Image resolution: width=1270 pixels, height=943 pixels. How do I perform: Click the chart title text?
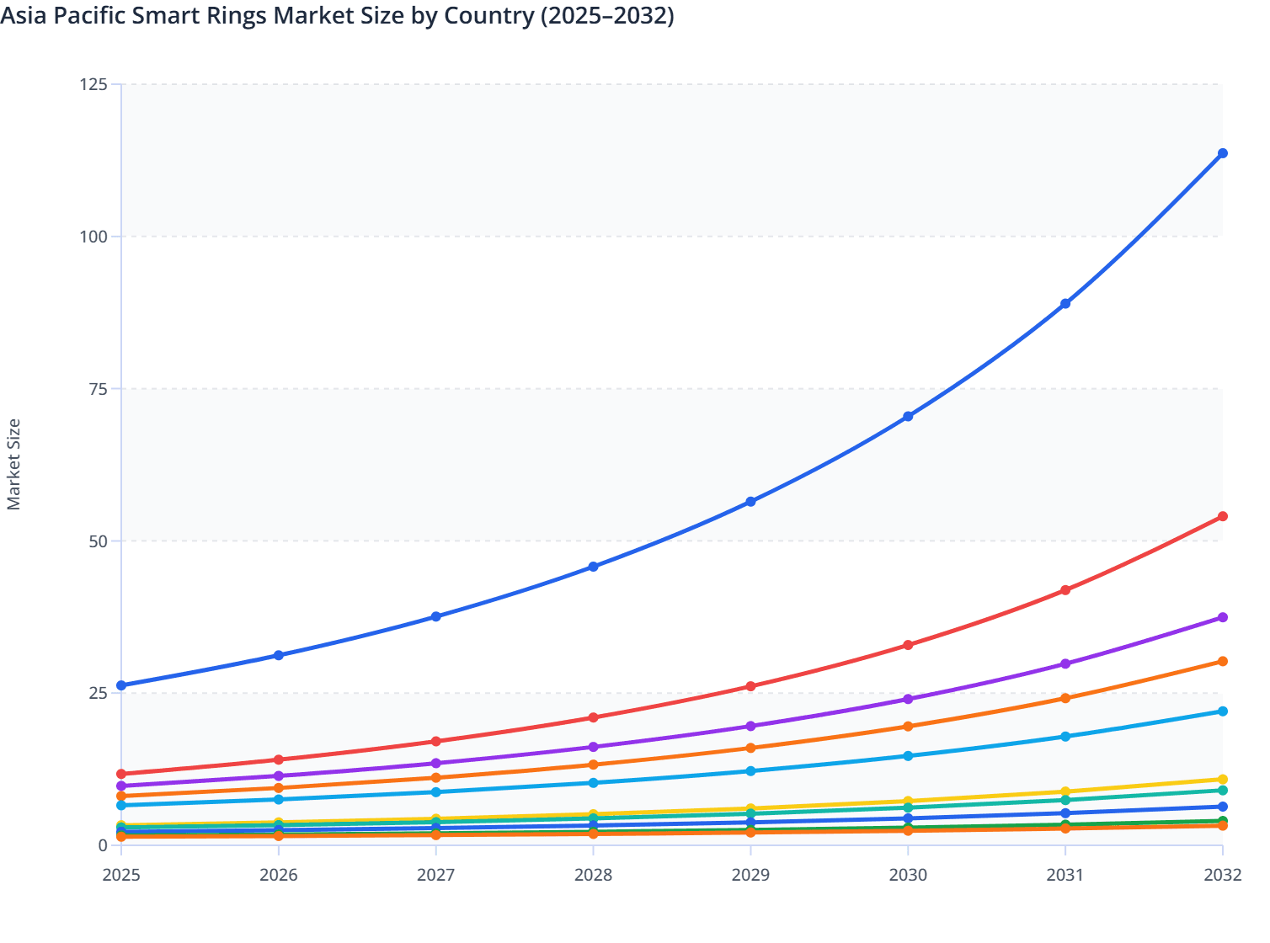[x=337, y=16]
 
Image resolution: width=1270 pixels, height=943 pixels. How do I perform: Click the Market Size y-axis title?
[x=13, y=464]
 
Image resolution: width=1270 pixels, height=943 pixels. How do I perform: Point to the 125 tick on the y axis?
[x=93, y=84]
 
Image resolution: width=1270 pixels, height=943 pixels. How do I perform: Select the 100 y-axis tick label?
[x=93, y=237]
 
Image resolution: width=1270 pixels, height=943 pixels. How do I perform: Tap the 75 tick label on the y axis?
[x=97, y=389]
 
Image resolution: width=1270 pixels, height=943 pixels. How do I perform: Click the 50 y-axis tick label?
[x=97, y=541]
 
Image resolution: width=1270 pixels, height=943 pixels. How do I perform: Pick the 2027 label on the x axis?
[x=435, y=875]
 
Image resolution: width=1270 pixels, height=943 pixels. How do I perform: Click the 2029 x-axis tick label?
[x=750, y=875]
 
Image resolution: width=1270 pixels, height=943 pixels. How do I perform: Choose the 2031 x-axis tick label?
[x=1065, y=875]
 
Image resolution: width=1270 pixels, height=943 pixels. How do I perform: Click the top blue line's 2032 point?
[x=1222, y=153]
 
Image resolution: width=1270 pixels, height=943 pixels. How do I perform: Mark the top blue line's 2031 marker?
[x=1065, y=303]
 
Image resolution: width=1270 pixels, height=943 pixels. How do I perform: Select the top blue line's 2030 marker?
[x=908, y=416]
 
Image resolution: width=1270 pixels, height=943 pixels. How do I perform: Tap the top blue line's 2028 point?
[x=593, y=567]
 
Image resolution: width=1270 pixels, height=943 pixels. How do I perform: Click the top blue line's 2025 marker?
[x=121, y=685]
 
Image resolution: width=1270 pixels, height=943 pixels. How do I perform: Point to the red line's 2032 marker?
[x=1222, y=516]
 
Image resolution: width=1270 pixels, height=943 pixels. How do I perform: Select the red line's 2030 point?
[x=908, y=645]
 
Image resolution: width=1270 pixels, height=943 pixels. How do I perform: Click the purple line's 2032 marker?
[x=1222, y=617]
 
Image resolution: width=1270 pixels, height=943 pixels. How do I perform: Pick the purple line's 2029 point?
[x=750, y=726]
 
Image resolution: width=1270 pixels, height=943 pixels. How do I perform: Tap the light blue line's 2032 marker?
[x=1222, y=711]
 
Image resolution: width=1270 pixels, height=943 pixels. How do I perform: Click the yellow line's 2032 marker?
[x=1222, y=780]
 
